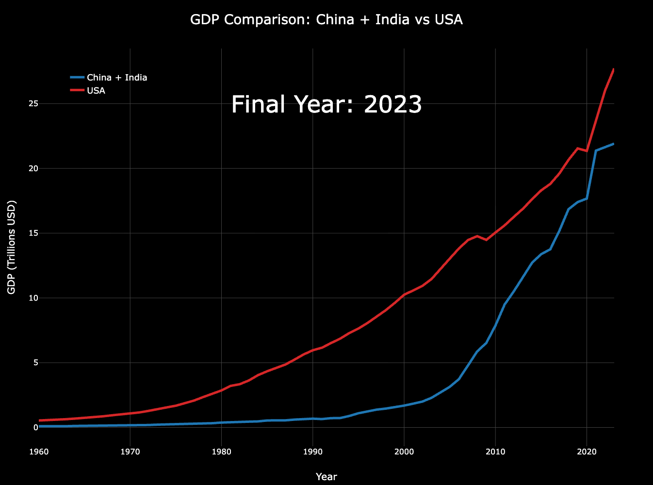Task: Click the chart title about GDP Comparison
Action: (x=326, y=20)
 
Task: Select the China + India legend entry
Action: (x=116, y=78)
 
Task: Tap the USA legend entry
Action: (x=96, y=91)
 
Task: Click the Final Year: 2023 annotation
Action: (x=326, y=104)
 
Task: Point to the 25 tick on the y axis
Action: (x=33, y=104)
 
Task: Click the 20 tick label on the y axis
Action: (x=33, y=168)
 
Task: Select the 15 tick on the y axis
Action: (x=33, y=233)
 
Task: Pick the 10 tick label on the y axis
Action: (x=33, y=298)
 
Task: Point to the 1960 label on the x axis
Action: (x=39, y=452)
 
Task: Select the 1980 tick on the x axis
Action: (x=221, y=452)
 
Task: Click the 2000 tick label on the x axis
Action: (x=404, y=452)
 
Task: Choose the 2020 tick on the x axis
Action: (x=587, y=452)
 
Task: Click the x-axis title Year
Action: (x=326, y=477)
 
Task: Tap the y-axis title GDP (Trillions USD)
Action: (x=12, y=247)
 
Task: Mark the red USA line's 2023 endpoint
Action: (x=614, y=69)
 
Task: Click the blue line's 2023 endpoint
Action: (x=614, y=144)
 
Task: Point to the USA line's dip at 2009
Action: (x=486, y=240)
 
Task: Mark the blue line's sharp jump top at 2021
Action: (x=596, y=150)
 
